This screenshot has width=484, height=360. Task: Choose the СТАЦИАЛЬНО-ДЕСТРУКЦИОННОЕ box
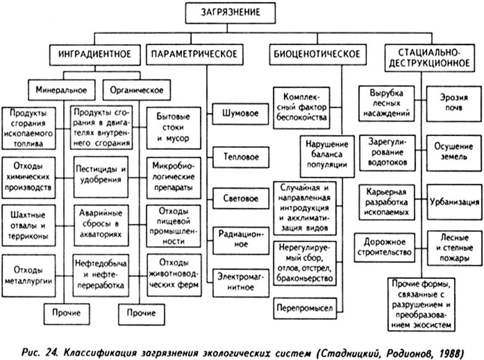tap(420, 55)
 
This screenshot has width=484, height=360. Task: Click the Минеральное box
tap(61, 90)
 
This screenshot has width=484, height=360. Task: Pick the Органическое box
tap(136, 90)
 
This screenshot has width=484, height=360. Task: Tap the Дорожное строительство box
tap(384, 246)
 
